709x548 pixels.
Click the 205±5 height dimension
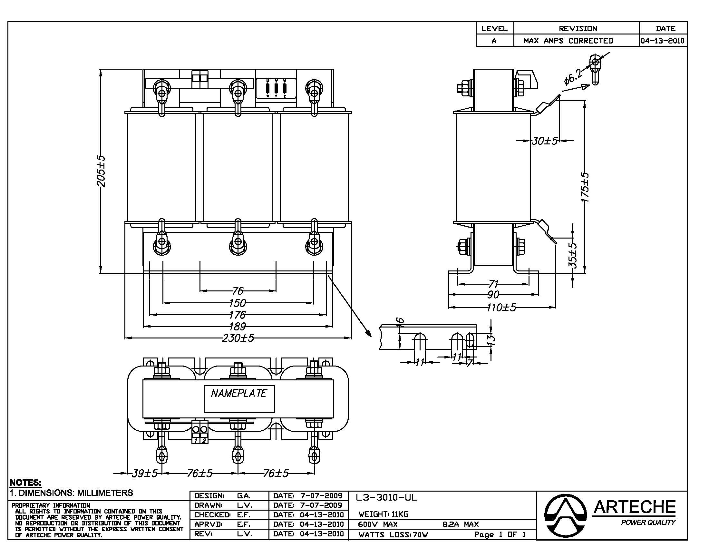(101, 171)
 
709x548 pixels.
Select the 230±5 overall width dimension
(238, 338)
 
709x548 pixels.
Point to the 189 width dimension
(237, 326)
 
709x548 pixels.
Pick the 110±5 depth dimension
(501, 307)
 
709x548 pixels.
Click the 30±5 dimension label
(545, 141)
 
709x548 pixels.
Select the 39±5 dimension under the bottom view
(144, 473)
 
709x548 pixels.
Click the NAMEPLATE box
(239, 399)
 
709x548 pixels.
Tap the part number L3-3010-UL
(386, 497)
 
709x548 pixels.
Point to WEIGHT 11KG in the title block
(384, 514)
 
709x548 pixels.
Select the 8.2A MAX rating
(461, 524)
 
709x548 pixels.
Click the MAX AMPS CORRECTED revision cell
(568, 41)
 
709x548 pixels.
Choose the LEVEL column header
(494, 29)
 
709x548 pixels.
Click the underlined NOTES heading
(26, 483)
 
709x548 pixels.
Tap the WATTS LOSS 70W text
(393, 535)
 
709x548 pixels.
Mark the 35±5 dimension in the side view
(573, 255)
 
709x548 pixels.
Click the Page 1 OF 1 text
(500, 534)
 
